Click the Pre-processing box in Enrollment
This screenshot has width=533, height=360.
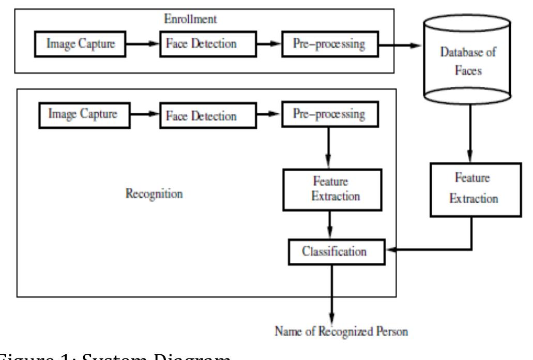[x=329, y=44]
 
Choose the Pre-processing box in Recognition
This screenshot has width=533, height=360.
[x=328, y=115]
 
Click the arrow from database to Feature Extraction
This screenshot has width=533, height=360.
[x=469, y=137]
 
